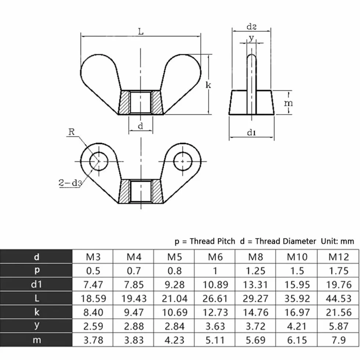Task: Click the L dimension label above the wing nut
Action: click(141, 31)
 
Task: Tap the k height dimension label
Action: click(208, 85)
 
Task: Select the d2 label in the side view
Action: click(251, 27)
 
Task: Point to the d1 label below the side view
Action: click(251, 133)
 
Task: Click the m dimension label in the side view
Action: click(288, 103)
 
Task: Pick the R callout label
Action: click(72, 132)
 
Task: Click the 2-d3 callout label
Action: click(70, 183)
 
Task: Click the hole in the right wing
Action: click(183, 161)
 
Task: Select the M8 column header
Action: click(256, 257)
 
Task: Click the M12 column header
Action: click(339, 257)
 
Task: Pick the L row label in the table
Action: click(37, 298)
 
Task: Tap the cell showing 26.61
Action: click(215, 298)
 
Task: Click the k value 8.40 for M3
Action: click(93, 312)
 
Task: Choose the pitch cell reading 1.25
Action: click(256, 271)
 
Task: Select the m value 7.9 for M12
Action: click(339, 340)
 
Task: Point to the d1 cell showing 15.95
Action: click(297, 285)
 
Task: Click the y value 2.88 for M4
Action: click(134, 326)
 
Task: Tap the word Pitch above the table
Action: click(224, 241)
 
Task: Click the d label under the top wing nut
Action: click(140, 126)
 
